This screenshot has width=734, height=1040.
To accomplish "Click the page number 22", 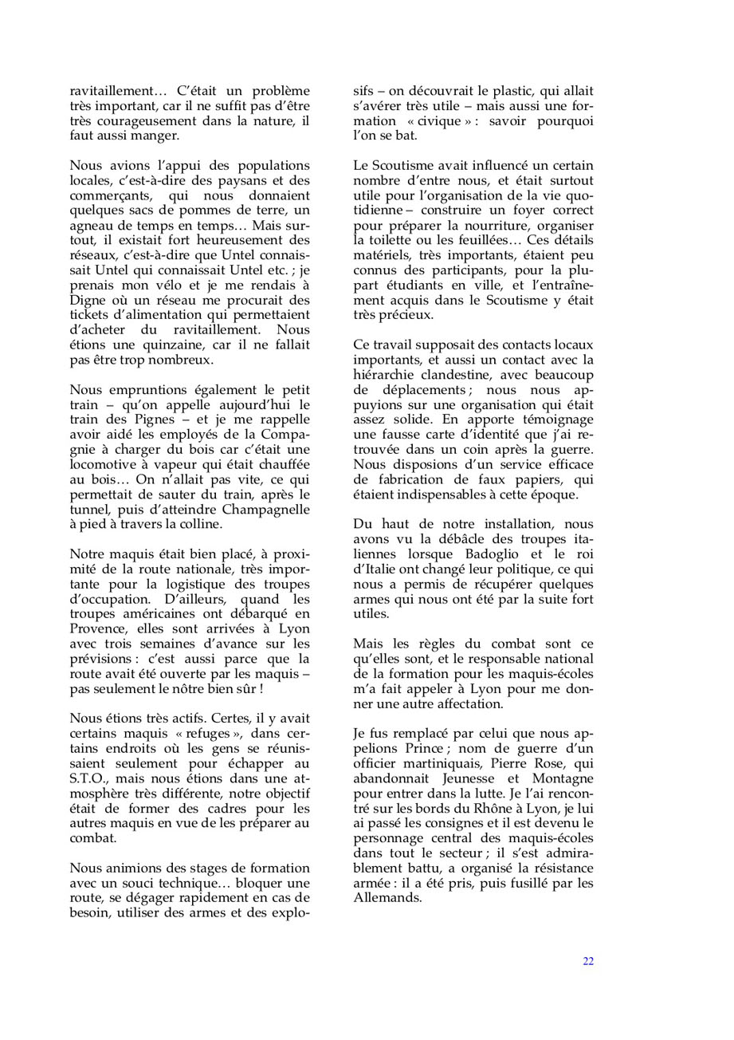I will pyautogui.click(x=588, y=961).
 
